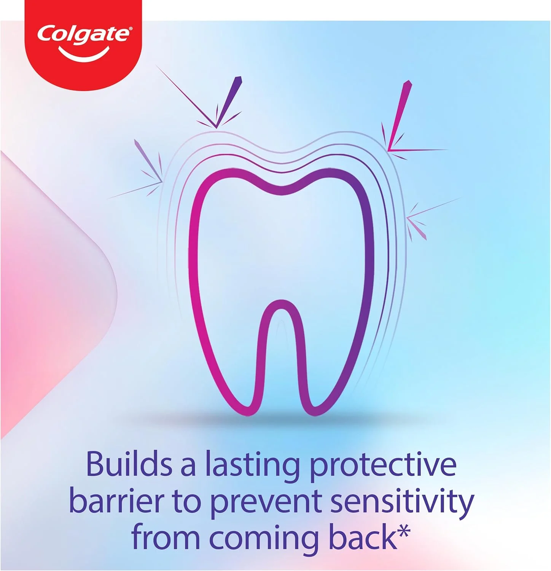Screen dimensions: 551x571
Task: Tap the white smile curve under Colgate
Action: click(84, 55)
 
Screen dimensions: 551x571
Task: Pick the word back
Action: click(363, 537)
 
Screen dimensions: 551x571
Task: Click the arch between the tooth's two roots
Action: click(280, 303)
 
